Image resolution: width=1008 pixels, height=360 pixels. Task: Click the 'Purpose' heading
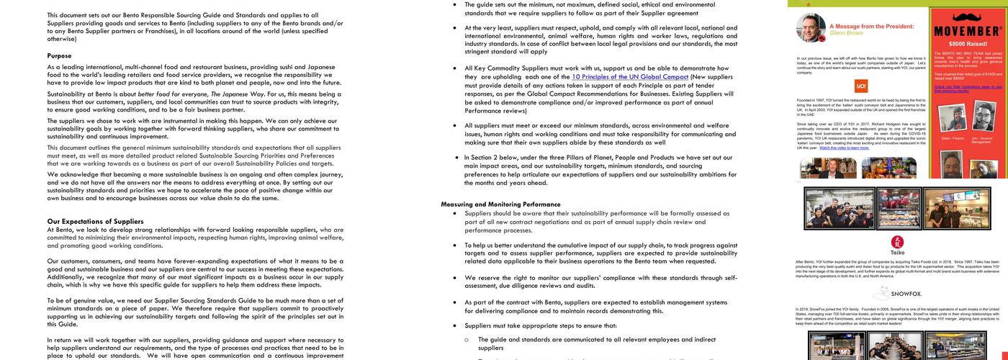(60, 55)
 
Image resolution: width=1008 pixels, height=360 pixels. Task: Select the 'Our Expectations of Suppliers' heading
(96, 221)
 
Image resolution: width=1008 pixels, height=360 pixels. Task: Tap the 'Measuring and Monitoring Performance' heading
(500, 204)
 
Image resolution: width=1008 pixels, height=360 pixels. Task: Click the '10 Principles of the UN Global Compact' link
(630, 77)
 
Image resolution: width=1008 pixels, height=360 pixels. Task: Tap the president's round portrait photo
(811, 28)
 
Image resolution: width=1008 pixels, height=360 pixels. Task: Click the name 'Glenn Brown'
(846, 33)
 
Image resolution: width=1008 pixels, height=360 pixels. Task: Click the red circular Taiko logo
(897, 242)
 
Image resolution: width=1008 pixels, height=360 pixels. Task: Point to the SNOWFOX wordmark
(906, 294)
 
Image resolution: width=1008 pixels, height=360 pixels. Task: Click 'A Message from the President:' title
(871, 26)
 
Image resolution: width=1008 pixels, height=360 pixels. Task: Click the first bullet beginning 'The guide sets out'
(454, 4)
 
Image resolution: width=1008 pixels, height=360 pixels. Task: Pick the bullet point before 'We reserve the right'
(454, 277)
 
